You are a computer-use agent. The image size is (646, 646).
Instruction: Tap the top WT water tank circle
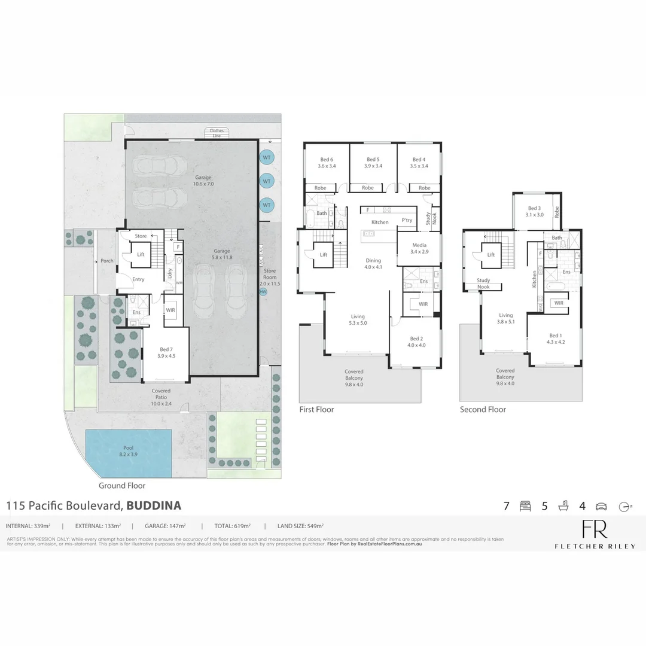click(x=267, y=157)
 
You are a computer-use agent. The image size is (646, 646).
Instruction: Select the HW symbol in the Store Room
click(x=263, y=292)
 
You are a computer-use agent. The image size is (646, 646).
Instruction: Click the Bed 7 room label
click(x=166, y=352)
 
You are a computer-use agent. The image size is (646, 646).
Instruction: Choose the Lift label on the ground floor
click(x=141, y=254)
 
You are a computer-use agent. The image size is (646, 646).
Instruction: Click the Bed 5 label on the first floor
click(x=373, y=163)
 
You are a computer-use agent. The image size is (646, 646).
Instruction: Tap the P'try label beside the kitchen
click(x=407, y=220)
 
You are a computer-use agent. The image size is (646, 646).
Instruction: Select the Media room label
click(x=419, y=248)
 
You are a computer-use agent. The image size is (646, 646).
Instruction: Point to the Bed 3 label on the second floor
click(x=535, y=211)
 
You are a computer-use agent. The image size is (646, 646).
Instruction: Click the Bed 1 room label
click(x=555, y=339)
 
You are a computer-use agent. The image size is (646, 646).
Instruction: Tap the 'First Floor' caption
click(x=316, y=410)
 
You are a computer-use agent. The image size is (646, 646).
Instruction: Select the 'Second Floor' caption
click(x=483, y=410)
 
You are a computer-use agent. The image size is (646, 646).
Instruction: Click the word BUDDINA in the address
click(x=154, y=506)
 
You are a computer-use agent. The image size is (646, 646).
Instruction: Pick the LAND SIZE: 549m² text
click(x=300, y=526)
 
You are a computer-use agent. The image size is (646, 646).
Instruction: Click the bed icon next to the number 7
click(x=526, y=506)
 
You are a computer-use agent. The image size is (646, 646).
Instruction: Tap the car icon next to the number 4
click(x=601, y=506)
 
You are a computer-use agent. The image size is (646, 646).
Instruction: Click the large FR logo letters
click(x=595, y=529)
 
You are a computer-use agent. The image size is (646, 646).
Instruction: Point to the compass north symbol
click(x=625, y=506)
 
